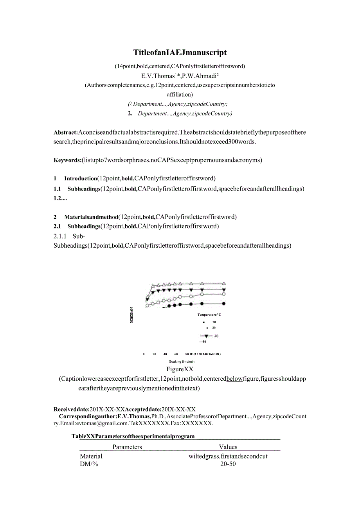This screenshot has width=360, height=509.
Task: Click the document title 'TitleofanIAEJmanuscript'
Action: [x=180, y=52]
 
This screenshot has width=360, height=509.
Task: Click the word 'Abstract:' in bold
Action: [x=66, y=132]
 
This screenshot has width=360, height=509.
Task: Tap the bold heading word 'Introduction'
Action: [x=81, y=179]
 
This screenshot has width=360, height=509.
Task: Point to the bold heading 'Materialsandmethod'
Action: [x=91, y=217]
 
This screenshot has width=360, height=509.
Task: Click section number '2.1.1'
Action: [x=60, y=236]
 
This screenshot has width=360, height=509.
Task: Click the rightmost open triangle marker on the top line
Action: [x=224, y=283]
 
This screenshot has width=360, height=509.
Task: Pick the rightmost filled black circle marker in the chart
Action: [x=224, y=304]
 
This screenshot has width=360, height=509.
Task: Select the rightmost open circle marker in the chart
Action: [x=224, y=294]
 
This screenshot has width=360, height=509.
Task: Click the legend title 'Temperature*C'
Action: [x=209, y=315]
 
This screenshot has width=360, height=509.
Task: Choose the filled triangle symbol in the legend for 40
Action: [x=206, y=336]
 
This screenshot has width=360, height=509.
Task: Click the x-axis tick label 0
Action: [x=144, y=354]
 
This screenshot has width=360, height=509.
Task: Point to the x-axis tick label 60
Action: [x=176, y=354]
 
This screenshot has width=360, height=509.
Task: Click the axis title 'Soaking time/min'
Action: [x=182, y=362]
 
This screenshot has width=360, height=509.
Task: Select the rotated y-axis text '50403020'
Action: [x=131, y=315]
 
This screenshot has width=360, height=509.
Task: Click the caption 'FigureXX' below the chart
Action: [x=180, y=369]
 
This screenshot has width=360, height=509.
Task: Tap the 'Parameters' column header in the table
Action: [x=127, y=447]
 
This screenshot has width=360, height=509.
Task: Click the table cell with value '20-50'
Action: [x=228, y=464]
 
